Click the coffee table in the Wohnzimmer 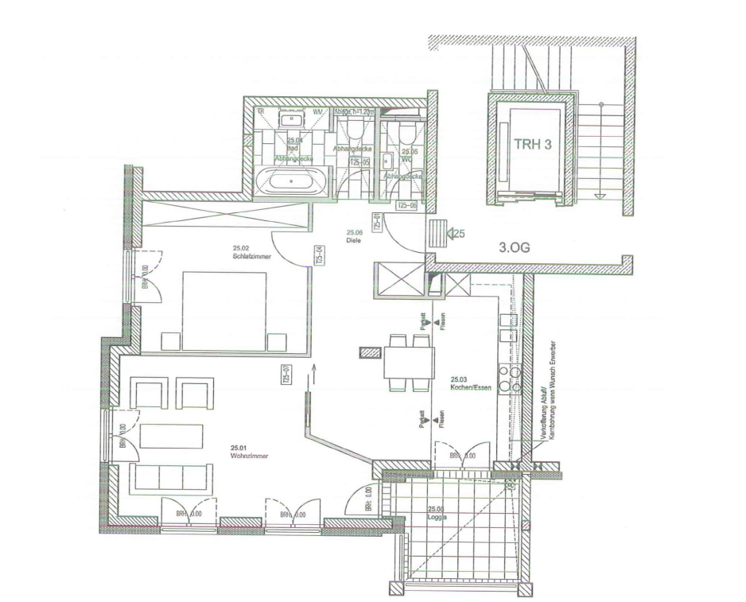(173, 437)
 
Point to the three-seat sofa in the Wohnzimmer (171, 477)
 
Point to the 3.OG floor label (515, 247)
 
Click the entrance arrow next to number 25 (455, 234)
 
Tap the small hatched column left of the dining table (371, 351)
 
